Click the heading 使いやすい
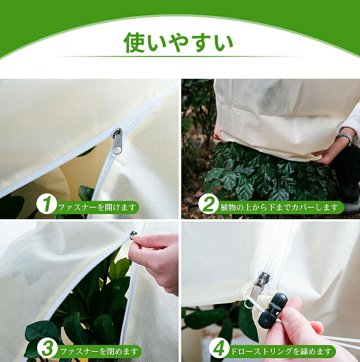point(178,43)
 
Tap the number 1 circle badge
point(46,204)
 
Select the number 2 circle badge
point(208,204)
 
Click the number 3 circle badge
point(47,348)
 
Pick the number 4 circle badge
point(219,348)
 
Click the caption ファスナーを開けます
point(96,207)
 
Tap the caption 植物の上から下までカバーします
point(279,207)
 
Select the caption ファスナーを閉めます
point(99,352)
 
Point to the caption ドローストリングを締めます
point(281,351)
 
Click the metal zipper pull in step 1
point(117,141)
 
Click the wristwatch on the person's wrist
point(346,138)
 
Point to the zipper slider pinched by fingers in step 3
point(134,235)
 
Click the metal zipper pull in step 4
point(260,287)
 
